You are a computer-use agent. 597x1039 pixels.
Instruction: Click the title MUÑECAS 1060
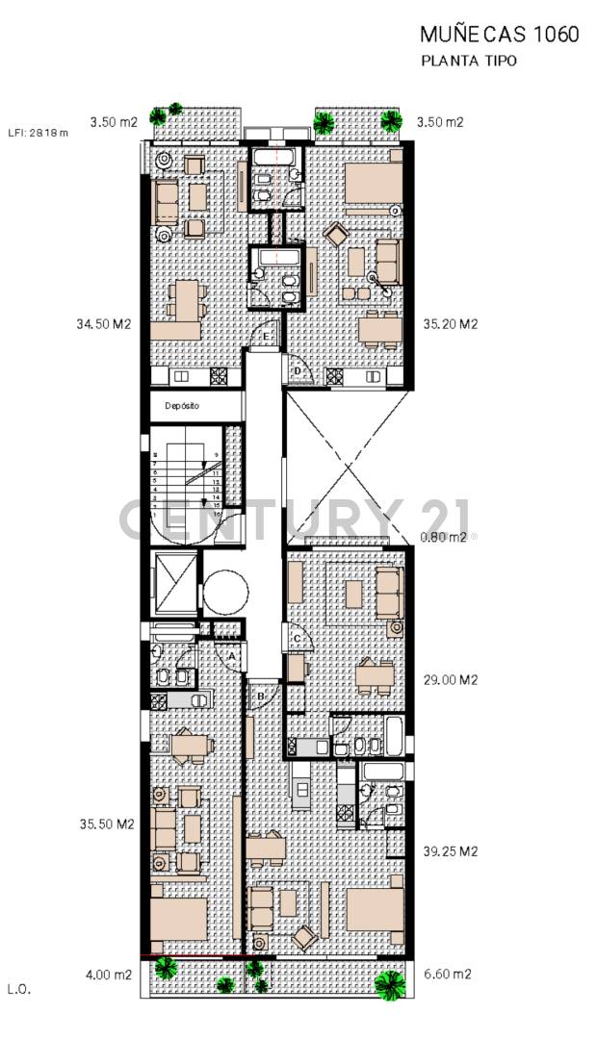point(500,35)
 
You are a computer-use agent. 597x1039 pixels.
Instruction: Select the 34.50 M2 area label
point(104,324)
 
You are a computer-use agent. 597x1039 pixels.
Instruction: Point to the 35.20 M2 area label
point(451,324)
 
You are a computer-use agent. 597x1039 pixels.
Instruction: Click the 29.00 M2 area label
point(451,679)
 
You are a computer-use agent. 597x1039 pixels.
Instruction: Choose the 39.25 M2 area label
point(451,851)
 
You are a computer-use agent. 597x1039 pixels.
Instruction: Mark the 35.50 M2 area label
point(107,824)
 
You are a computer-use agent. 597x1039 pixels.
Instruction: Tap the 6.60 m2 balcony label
point(447,975)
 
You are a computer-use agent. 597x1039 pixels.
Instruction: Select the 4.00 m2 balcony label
point(109,975)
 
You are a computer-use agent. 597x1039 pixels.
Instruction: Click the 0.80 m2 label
point(444,538)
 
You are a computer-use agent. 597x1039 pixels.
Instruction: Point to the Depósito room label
point(181,406)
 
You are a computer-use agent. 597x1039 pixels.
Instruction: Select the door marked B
point(260,695)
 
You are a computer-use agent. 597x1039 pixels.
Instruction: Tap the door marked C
point(297,638)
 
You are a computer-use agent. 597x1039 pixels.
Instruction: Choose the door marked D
point(298,370)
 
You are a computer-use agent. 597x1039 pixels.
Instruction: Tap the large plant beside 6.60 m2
point(389,983)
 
